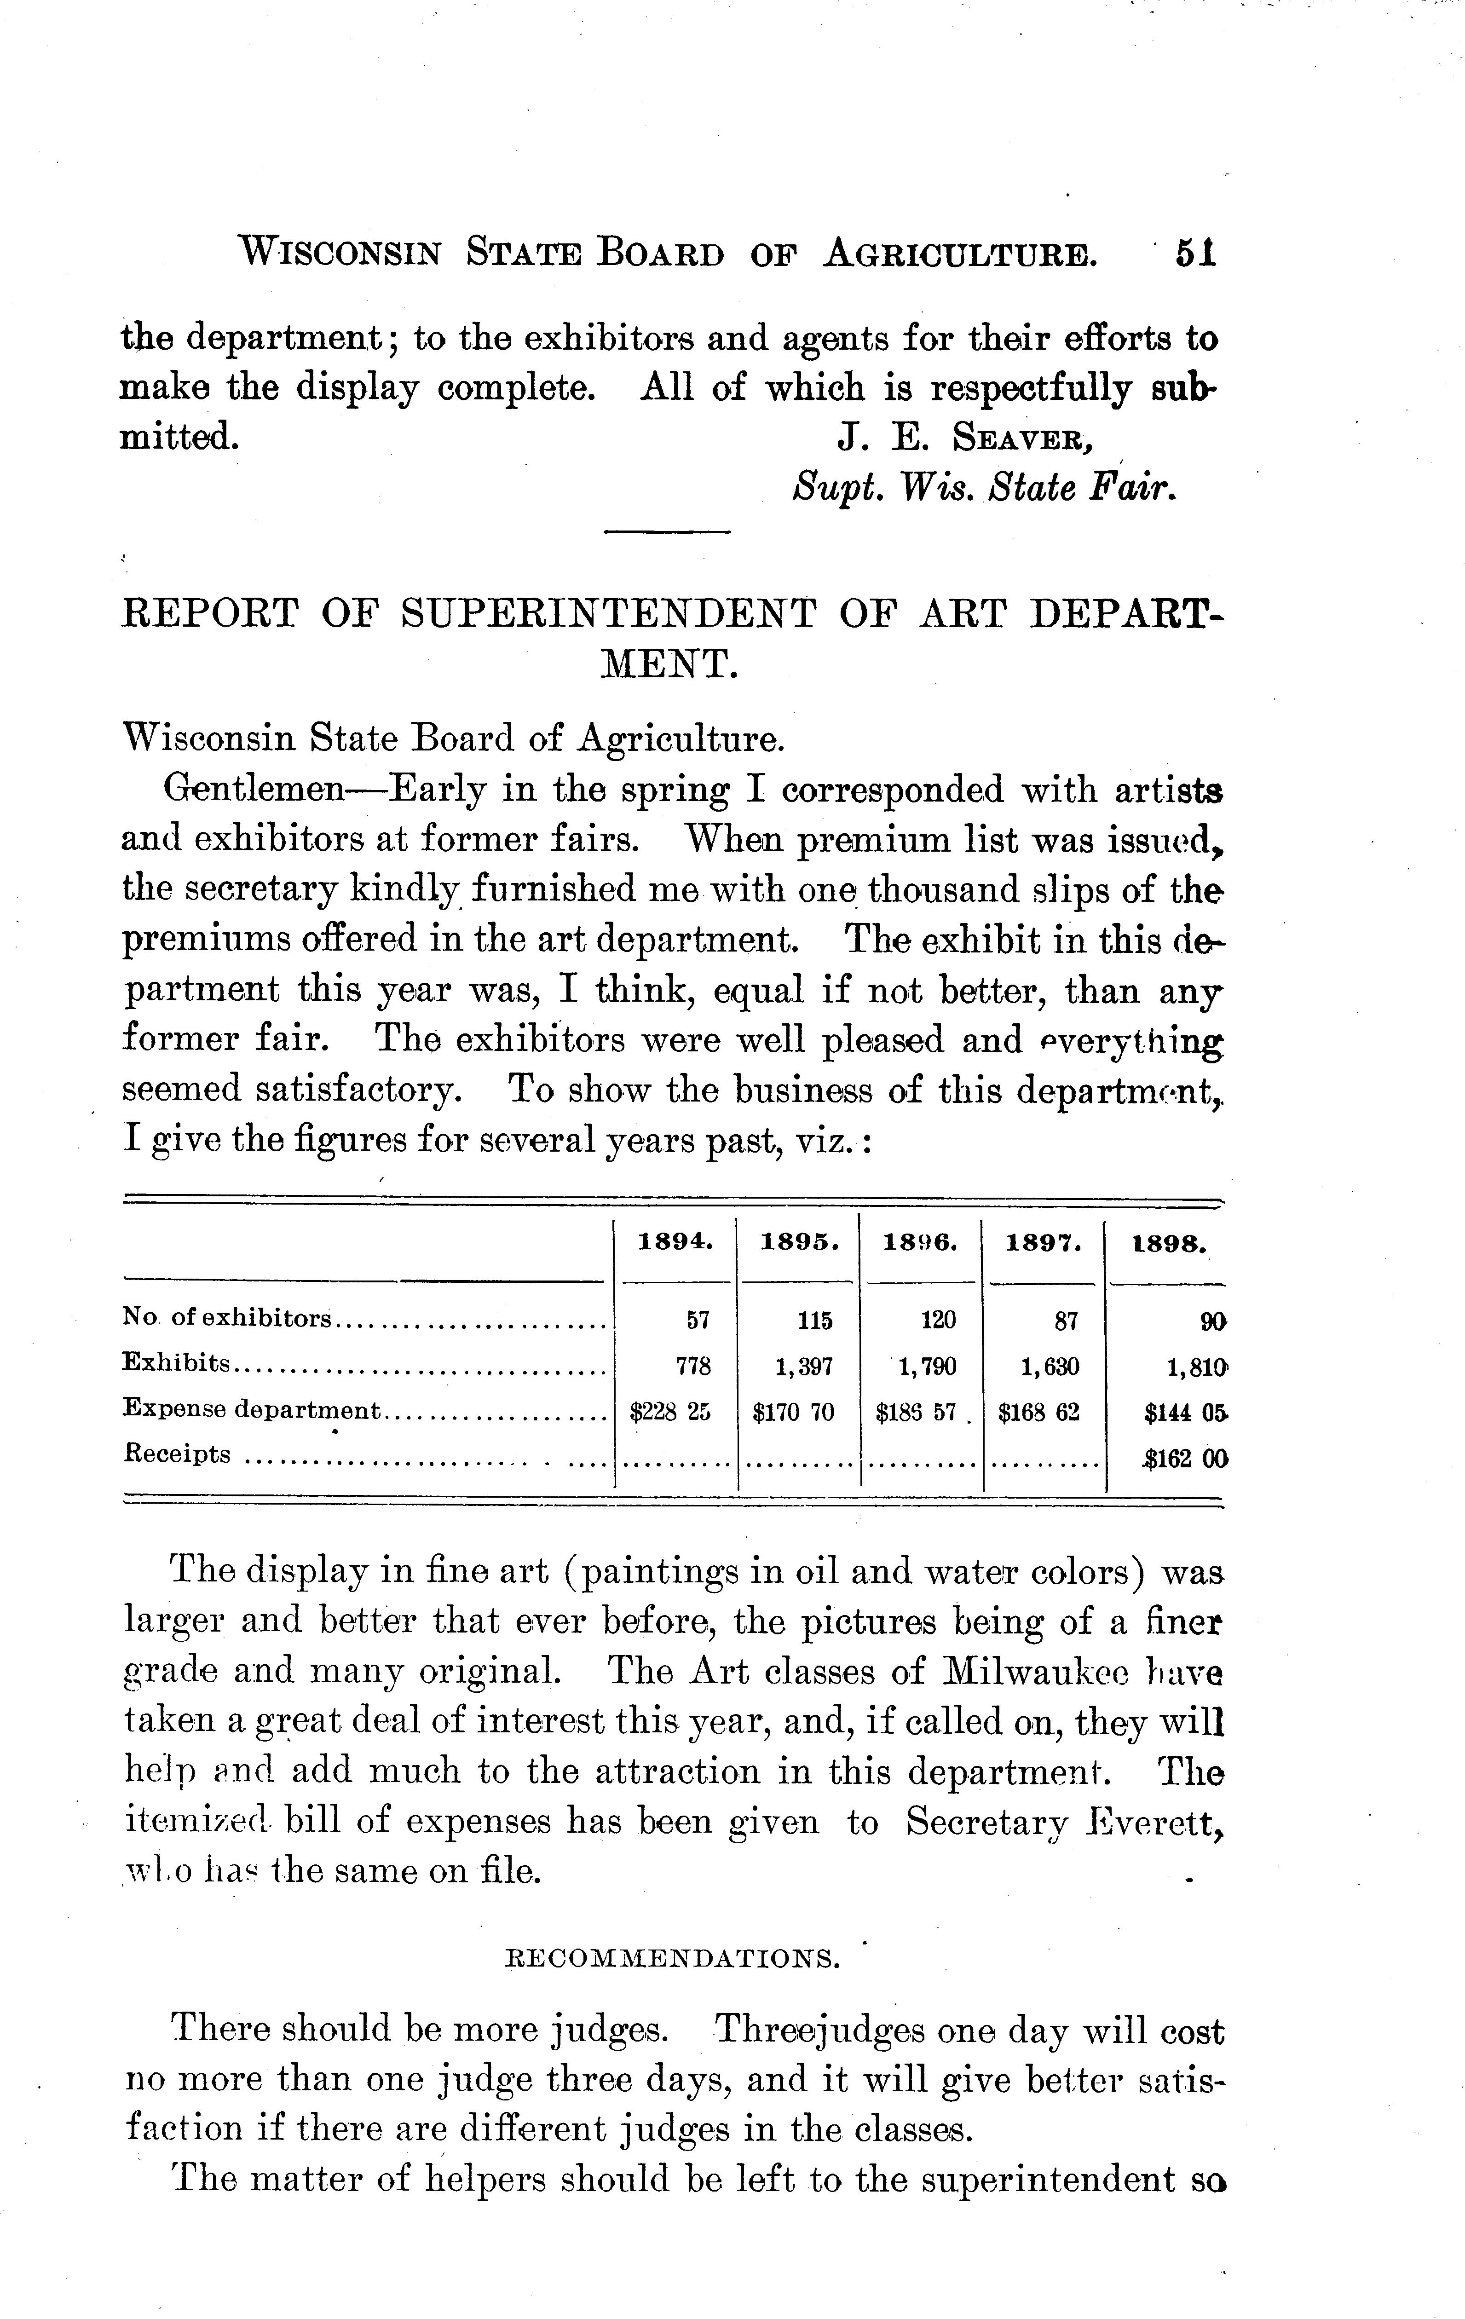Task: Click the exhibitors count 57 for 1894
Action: pos(698,1321)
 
